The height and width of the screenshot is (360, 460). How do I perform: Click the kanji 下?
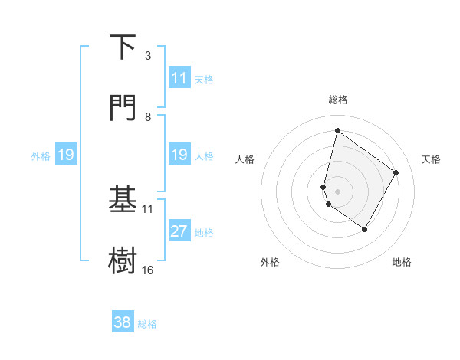pyautogui.click(x=123, y=47)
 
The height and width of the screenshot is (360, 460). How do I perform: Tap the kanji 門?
pyautogui.click(x=123, y=108)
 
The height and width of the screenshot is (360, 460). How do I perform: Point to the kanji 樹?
pyautogui.click(x=123, y=260)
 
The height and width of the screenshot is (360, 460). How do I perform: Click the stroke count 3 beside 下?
pyautogui.click(x=148, y=55)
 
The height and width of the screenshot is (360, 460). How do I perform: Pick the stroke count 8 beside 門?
pyautogui.click(x=148, y=116)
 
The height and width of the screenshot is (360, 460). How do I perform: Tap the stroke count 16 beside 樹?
pyautogui.click(x=148, y=270)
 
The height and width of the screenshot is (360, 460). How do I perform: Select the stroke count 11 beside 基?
pyautogui.click(x=148, y=208)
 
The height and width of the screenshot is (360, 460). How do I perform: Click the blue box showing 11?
pyautogui.click(x=179, y=78)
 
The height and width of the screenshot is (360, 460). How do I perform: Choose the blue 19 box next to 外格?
pyautogui.click(x=65, y=155)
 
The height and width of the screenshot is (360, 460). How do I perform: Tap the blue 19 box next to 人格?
pyautogui.click(x=179, y=155)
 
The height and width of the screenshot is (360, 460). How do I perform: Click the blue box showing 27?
pyautogui.click(x=179, y=232)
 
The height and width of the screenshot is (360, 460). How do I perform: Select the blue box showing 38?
pyautogui.click(x=123, y=322)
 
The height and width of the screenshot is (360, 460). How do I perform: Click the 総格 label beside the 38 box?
pyautogui.click(x=147, y=323)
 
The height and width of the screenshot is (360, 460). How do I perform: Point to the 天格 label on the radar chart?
pyautogui.click(x=432, y=159)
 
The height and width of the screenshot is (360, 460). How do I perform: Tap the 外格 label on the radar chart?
pyautogui.click(x=270, y=262)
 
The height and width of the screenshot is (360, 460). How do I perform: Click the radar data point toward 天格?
pyautogui.click(x=396, y=172)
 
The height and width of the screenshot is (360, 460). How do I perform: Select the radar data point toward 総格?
pyautogui.click(x=337, y=130)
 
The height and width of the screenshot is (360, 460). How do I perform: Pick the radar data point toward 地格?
pyautogui.click(x=365, y=229)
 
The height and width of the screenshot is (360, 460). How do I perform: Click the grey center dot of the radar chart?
pyautogui.click(x=337, y=190)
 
